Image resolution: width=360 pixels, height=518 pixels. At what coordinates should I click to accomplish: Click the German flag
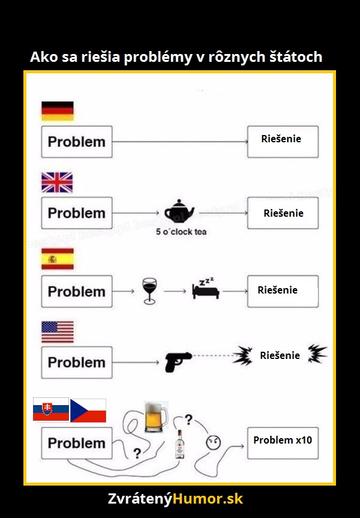(x=58, y=111)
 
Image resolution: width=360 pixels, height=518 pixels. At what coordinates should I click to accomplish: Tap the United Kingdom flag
(x=57, y=182)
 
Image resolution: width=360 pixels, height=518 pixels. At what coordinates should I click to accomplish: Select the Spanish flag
(x=58, y=259)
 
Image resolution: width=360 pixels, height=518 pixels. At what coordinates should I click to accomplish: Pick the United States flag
(x=58, y=332)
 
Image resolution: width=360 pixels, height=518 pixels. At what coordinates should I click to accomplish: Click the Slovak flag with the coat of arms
(x=51, y=409)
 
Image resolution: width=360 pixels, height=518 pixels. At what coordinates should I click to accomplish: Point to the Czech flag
(x=88, y=411)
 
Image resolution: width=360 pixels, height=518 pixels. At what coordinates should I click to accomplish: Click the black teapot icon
(x=179, y=211)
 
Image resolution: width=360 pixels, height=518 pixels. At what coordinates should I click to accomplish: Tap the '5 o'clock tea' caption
(x=181, y=232)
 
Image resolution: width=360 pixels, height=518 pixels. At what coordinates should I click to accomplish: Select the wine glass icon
(x=149, y=291)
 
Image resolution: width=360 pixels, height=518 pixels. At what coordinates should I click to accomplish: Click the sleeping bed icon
(x=206, y=288)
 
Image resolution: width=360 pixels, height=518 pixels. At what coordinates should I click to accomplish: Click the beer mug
(x=156, y=417)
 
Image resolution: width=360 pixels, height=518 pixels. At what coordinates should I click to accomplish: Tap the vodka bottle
(x=179, y=444)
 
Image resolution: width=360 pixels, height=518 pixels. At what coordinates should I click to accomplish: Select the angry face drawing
(x=214, y=442)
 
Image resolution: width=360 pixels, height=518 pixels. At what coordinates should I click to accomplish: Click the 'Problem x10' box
(x=283, y=443)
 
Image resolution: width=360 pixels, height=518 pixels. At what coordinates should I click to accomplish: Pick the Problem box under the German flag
(x=77, y=142)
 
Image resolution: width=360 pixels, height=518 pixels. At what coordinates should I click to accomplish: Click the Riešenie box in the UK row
(x=283, y=213)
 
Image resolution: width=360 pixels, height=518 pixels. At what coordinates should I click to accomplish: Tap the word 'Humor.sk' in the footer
(x=208, y=499)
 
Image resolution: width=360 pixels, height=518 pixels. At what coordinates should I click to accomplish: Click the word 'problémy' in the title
(x=158, y=58)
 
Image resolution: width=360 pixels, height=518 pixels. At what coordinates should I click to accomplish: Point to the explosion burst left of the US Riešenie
(x=243, y=355)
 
